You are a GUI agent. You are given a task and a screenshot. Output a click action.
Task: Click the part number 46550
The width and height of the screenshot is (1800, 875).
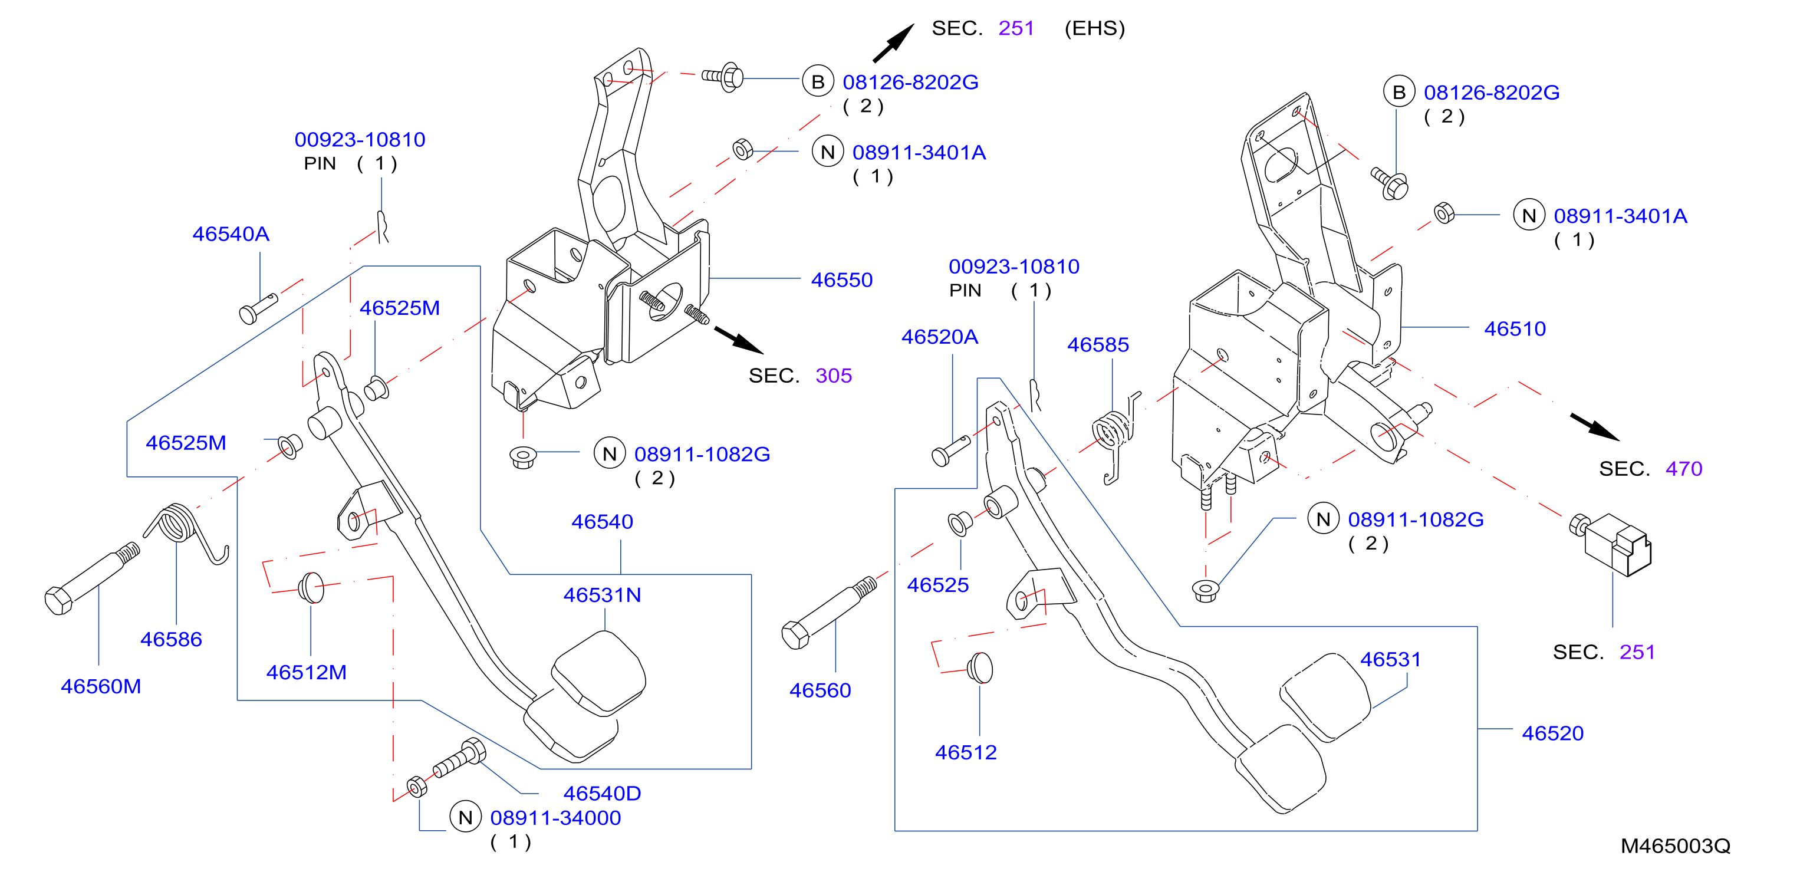[841, 280]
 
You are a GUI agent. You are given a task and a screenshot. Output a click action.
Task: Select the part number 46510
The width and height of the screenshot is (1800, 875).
[1515, 329]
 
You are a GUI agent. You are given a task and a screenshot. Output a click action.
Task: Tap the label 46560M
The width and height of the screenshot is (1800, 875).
[101, 687]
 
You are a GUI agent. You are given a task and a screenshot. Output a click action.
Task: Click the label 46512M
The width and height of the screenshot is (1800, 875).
[306, 672]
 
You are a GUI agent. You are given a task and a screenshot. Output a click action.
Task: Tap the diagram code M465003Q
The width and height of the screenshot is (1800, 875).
[1676, 846]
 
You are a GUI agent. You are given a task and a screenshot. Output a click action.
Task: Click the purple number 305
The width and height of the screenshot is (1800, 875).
[834, 376]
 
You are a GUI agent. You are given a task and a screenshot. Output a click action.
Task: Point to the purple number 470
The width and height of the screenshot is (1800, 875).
[1684, 469]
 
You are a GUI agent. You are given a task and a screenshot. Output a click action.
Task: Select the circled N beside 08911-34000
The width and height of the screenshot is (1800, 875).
[465, 818]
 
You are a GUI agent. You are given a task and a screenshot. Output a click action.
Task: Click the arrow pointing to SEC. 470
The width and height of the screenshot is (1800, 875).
[1595, 427]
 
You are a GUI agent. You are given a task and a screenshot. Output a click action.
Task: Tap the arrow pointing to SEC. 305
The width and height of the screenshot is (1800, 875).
[739, 340]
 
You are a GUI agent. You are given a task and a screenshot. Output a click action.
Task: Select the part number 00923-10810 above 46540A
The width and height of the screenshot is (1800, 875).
[360, 140]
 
